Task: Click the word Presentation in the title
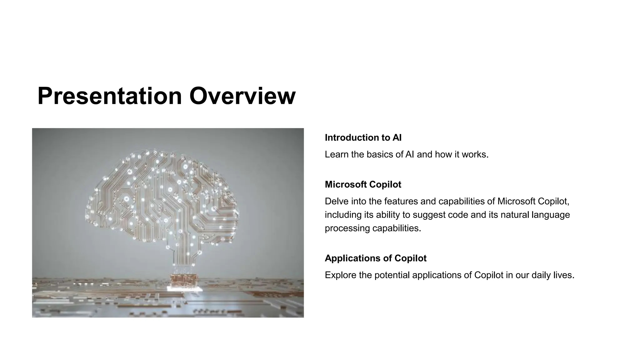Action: pos(110,96)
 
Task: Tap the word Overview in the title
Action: pos(242,96)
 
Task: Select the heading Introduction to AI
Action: pos(363,137)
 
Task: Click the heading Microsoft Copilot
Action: pos(363,184)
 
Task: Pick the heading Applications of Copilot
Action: pos(376,258)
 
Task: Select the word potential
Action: pos(392,275)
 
